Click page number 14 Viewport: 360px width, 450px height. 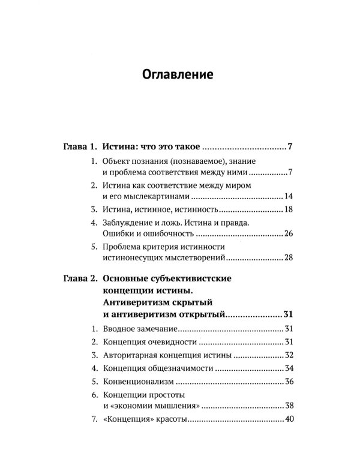[287, 196]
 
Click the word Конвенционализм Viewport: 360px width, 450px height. [139, 381]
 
